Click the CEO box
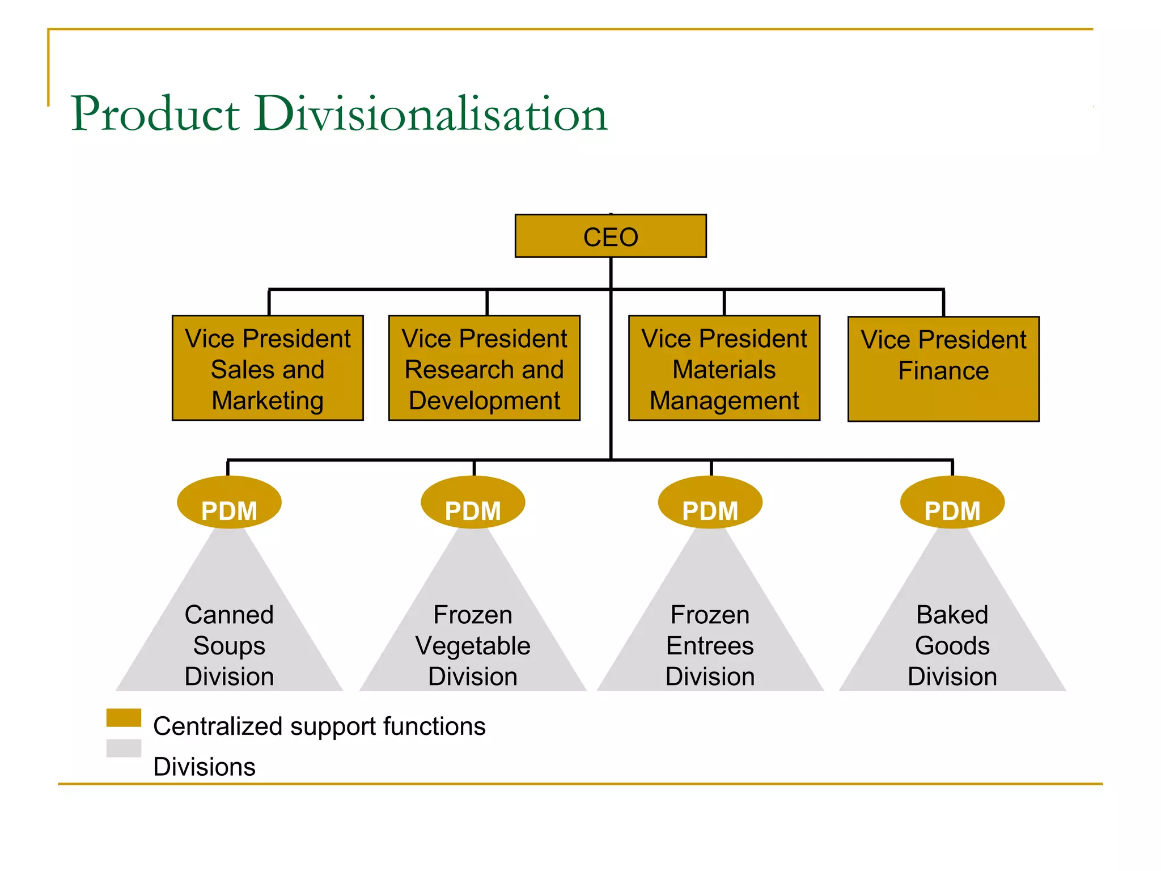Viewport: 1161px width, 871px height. (x=611, y=236)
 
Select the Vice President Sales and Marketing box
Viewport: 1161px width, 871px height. (x=268, y=368)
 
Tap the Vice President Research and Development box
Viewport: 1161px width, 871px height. (x=484, y=368)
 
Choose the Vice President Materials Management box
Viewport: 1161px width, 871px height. (x=724, y=368)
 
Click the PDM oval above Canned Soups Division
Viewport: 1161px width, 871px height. (x=229, y=502)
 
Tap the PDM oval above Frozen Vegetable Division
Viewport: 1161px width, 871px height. (x=473, y=502)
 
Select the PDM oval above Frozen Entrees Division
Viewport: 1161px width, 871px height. (x=710, y=502)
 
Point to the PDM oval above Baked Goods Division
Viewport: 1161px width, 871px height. (x=952, y=502)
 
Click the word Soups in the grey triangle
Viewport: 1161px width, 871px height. (x=229, y=646)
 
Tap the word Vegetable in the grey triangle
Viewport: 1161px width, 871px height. (x=473, y=646)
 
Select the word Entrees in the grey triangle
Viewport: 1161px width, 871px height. (x=710, y=646)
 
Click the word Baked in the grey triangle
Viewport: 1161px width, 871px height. (x=952, y=615)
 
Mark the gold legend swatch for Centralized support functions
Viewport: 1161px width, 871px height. (x=124, y=717)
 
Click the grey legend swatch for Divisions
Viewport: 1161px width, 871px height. (x=124, y=748)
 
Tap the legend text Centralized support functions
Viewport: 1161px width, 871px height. (x=319, y=726)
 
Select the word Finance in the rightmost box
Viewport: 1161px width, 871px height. (x=943, y=371)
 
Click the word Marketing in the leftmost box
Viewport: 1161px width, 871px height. (x=268, y=400)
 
